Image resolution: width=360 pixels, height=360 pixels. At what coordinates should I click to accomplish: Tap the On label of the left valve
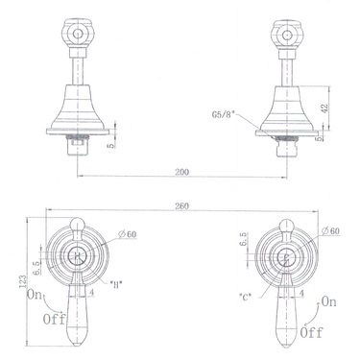tap(36, 294)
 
